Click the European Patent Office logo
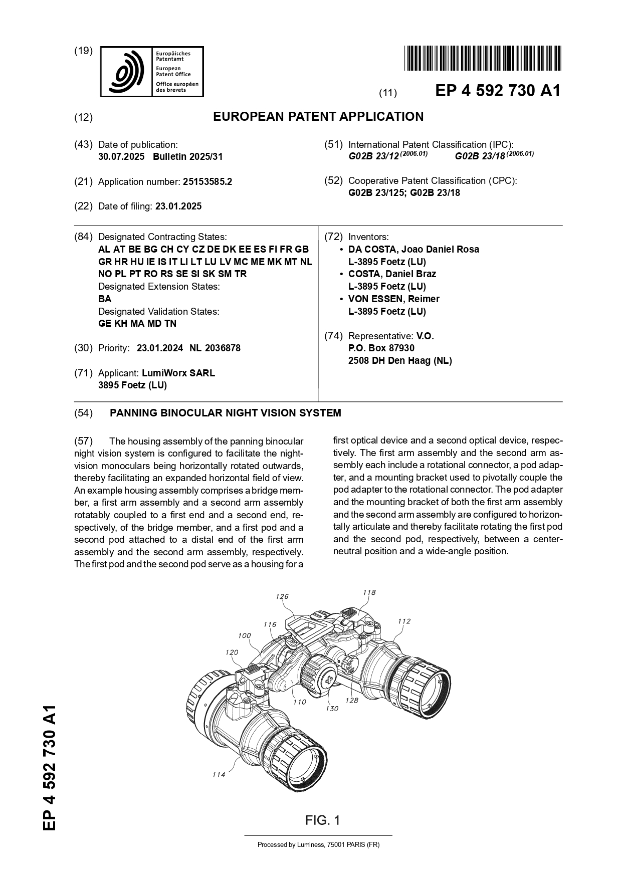pyautogui.click(x=152, y=72)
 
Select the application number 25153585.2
pyautogui.click(x=207, y=182)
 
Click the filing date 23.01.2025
pyautogui.click(x=178, y=206)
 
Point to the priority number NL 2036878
pyautogui.click(x=215, y=348)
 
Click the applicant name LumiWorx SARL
pyautogui.click(x=178, y=373)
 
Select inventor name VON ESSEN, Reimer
pyautogui.click(x=394, y=299)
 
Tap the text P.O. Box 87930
pyautogui.click(x=381, y=348)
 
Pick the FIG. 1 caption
pyautogui.click(x=323, y=820)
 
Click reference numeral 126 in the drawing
pyautogui.click(x=282, y=596)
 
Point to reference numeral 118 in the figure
pyautogui.click(x=369, y=592)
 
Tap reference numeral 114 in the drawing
pyautogui.click(x=219, y=775)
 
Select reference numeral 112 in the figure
pyautogui.click(x=404, y=621)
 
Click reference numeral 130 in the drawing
pyautogui.click(x=332, y=709)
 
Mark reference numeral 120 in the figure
pyautogui.click(x=232, y=652)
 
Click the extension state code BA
pyautogui.click(x=105, y=299)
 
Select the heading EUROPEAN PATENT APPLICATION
pyautogui.click(x=318, y=117)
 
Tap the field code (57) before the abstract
pyautogui.click(x=83, y=442)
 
